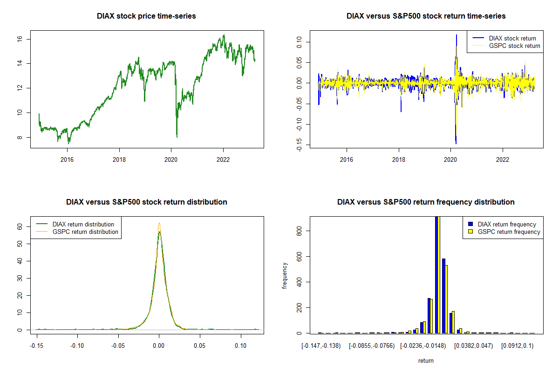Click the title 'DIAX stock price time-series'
coord(146,16)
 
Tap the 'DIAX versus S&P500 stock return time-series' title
coord(426,16)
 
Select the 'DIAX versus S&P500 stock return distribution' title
coord(146,202)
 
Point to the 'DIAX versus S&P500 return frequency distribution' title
coord(426,202)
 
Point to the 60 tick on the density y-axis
coord(20,226)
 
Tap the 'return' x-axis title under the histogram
coord(426,360)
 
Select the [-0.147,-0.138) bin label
coord(321,346)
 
